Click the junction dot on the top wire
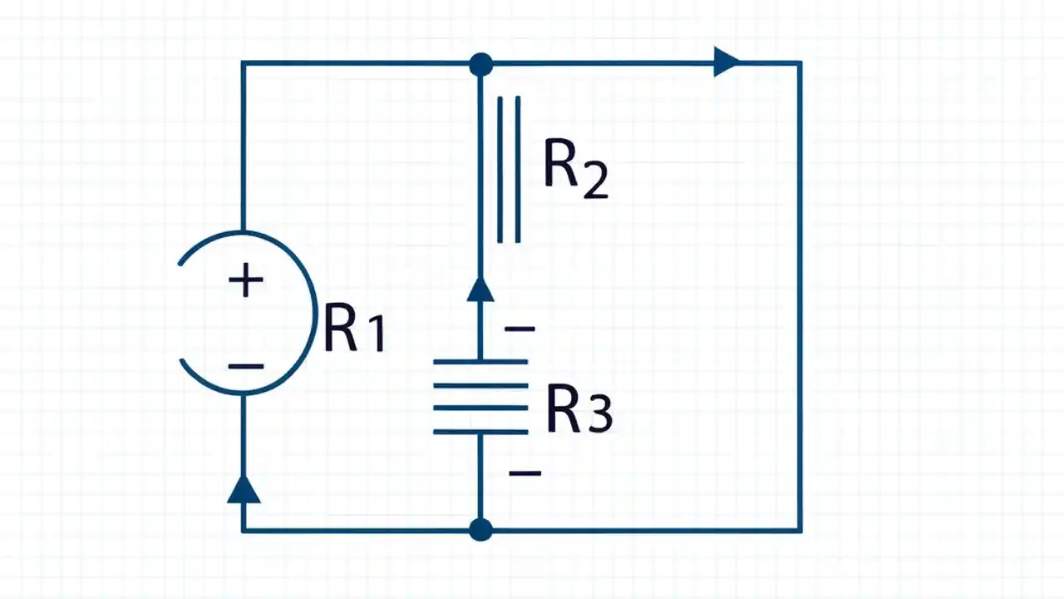(480, 64)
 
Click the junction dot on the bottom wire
(480, 529)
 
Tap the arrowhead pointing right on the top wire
(726, 62)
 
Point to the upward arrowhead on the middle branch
(480, 289)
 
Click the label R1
(354, 328)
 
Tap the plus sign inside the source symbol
(246, 281)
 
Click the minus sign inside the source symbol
(246, 366)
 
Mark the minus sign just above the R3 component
(520, 329)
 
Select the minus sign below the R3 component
(525, 473)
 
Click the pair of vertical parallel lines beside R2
(509, 170)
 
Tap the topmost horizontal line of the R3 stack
(480, 362)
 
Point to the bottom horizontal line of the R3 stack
(480, 432)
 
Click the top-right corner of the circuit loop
(800, 63)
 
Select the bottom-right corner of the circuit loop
(800, 529)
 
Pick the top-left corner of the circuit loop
(243, 63)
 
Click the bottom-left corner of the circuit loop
(243, 529)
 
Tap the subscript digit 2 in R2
(595, 183)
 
